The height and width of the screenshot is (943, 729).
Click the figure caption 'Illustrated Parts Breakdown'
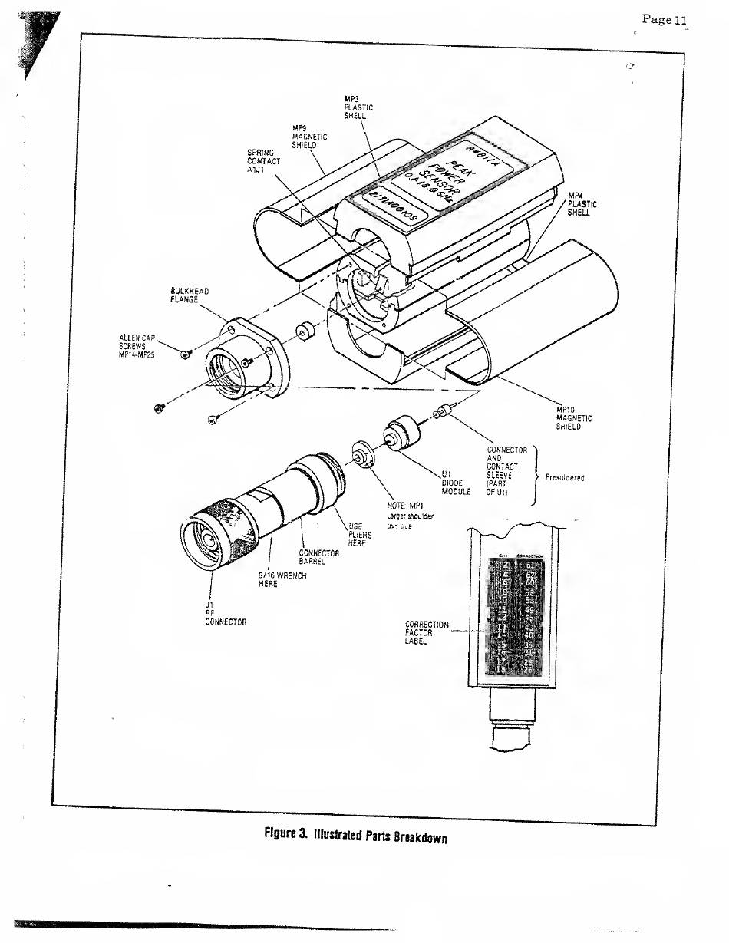point(355,835)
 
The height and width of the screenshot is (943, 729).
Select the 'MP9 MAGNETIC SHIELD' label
point(309,137)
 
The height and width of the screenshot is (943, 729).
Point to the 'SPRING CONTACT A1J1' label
point(263,161)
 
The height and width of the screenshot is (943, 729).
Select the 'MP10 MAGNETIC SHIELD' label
point(573,418)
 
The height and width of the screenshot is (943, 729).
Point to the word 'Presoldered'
point(564,477)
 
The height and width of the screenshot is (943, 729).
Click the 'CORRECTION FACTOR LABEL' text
point(427,633)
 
